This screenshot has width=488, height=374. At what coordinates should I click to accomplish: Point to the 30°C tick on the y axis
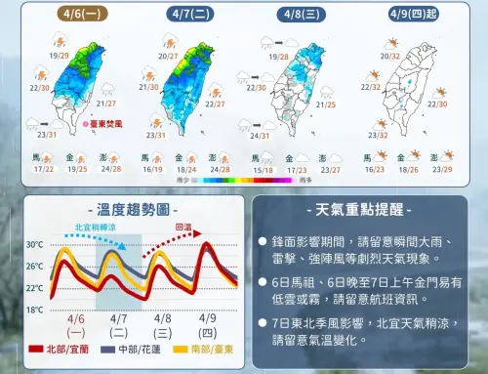point(35,244)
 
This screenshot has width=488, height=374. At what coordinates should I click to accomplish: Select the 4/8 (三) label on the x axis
point(163,324)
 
